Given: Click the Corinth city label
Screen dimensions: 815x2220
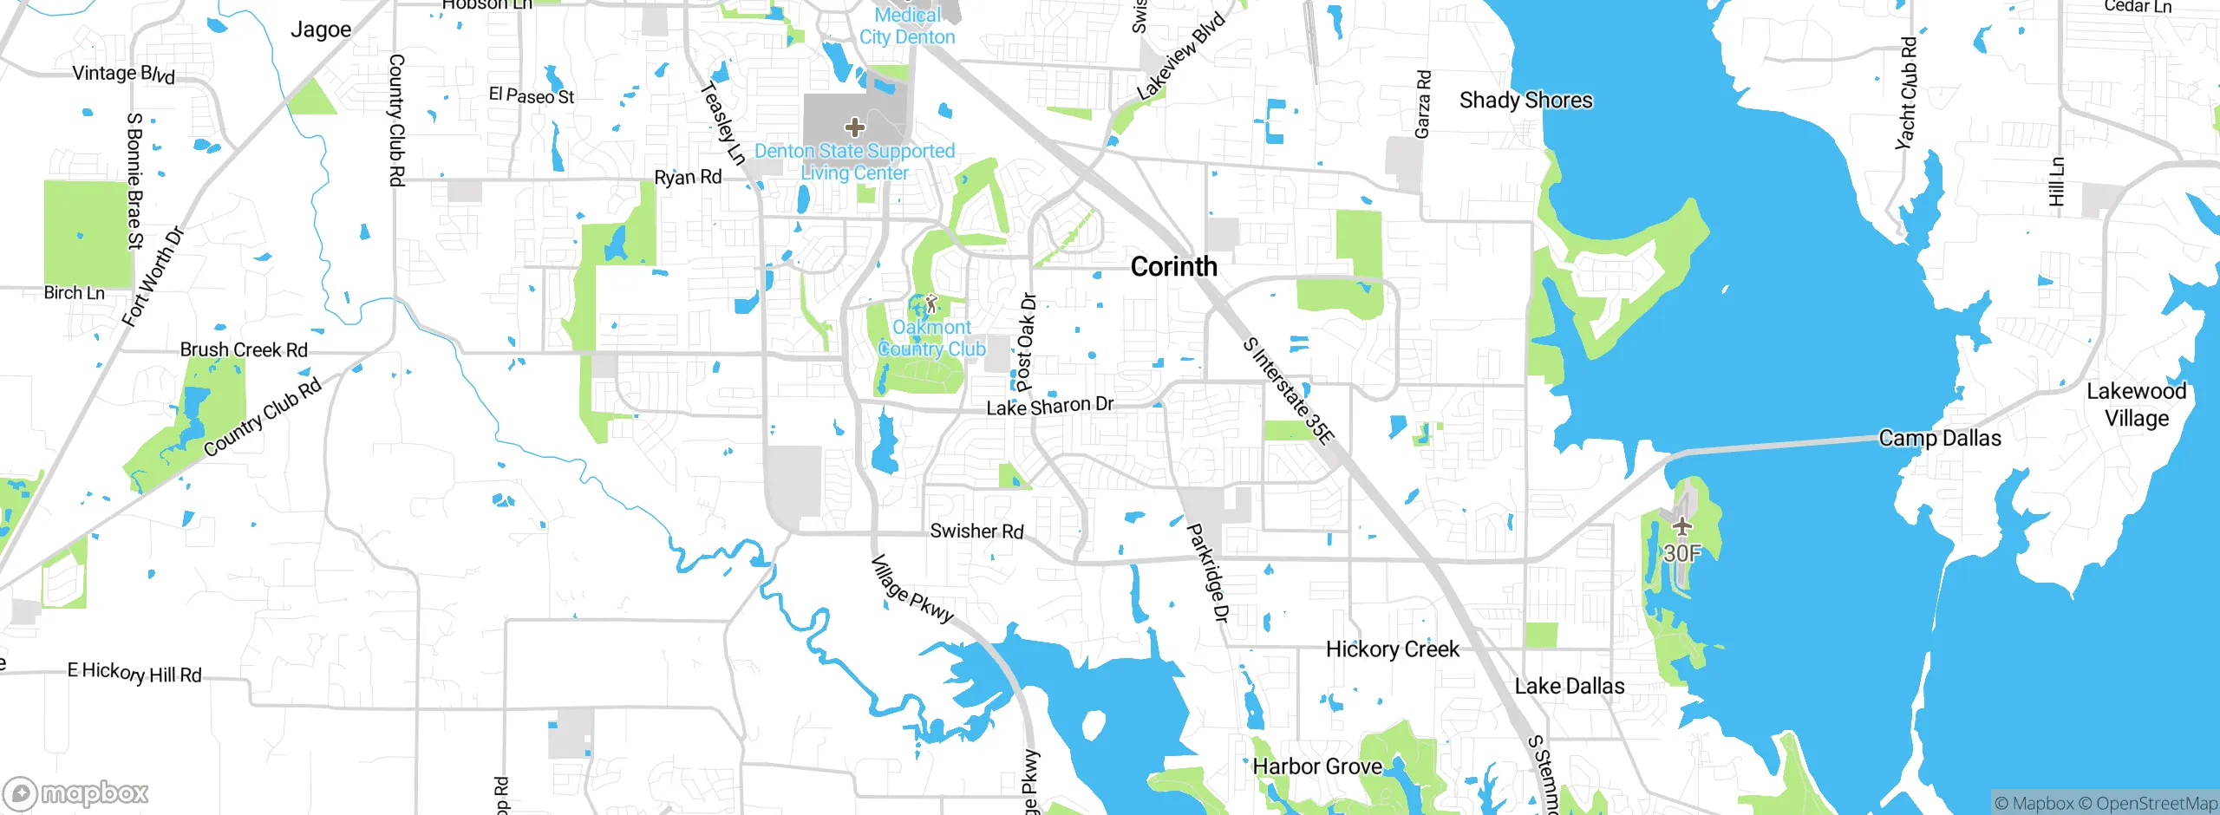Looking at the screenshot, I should point(1173,267).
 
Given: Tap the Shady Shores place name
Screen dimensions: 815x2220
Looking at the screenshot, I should point(1525,101).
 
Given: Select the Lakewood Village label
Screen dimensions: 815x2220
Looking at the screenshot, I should point(2136,405).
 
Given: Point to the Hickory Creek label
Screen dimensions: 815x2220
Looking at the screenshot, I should point(1392,649).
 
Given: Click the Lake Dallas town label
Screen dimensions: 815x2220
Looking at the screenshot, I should point(1569,687).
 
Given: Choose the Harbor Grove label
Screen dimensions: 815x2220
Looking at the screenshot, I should point(1317,766).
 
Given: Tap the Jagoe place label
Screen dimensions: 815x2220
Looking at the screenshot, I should point(321,30).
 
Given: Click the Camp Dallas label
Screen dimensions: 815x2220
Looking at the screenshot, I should point(1940,439).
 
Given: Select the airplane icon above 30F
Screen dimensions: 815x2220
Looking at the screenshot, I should point(1681,526).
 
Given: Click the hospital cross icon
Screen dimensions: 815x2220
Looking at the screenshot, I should point(854,128).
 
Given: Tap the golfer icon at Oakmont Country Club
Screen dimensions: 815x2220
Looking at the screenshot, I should point(931,304).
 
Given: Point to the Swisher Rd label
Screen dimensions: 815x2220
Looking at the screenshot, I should point(976,531).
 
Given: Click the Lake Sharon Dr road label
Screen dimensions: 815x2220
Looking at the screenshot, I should point(1050,406).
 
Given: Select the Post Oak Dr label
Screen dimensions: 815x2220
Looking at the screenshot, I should point(1026,342).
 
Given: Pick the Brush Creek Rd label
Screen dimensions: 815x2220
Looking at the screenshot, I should point(244,350).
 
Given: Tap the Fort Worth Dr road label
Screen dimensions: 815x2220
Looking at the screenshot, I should point(153,277).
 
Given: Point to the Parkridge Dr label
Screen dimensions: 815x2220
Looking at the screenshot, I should point(1207,573).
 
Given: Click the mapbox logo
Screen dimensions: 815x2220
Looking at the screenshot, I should point(76,793).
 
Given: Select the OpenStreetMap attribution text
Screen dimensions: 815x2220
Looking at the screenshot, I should point(2156,804).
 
